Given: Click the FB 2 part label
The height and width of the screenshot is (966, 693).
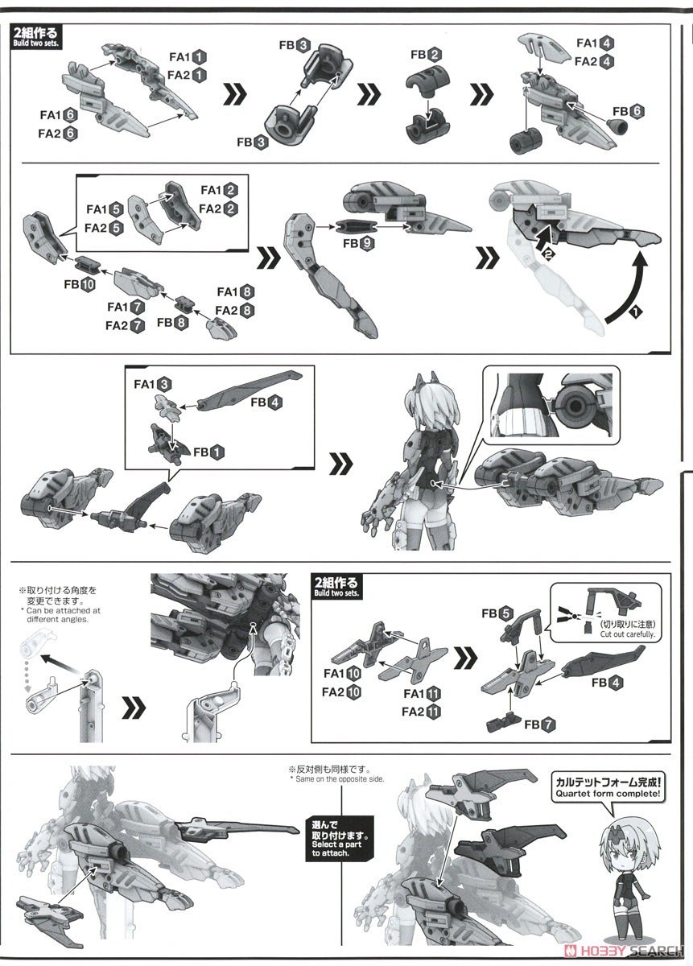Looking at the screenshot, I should click(426, 55).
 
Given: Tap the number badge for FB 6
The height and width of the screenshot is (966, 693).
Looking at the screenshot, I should click(637, 112).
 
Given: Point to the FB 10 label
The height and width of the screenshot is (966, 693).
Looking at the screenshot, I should click(77, 283).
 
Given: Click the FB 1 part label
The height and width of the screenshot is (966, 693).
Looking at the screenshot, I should click(207, 452).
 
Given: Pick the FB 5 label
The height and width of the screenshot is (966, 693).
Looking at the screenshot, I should click(496, 613).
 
